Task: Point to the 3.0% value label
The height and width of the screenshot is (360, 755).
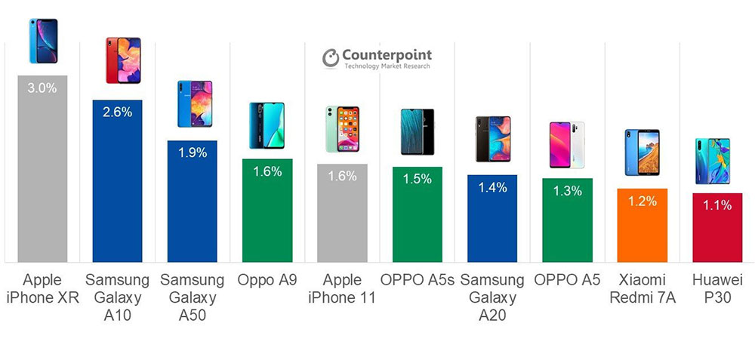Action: point(42,88)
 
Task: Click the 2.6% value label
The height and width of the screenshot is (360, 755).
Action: point(117,112)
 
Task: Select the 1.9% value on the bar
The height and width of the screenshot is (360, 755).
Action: point(192,152)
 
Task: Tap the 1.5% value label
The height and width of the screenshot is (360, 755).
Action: point(417,179)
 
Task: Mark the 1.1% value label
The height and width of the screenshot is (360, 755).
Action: point(716,205)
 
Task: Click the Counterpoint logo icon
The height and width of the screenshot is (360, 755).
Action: point(330,59)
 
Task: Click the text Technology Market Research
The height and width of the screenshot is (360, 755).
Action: point(387,67)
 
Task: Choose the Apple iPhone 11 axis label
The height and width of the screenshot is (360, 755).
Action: point(342,288)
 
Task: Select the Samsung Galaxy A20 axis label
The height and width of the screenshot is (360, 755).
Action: point(492,297)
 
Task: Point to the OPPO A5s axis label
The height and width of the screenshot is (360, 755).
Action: point(417,280)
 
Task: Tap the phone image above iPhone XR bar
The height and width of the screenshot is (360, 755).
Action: point(42,42)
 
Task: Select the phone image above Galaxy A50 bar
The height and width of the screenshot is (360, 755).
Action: point(192,104)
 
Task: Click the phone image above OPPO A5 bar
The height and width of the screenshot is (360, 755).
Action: point(566,145)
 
